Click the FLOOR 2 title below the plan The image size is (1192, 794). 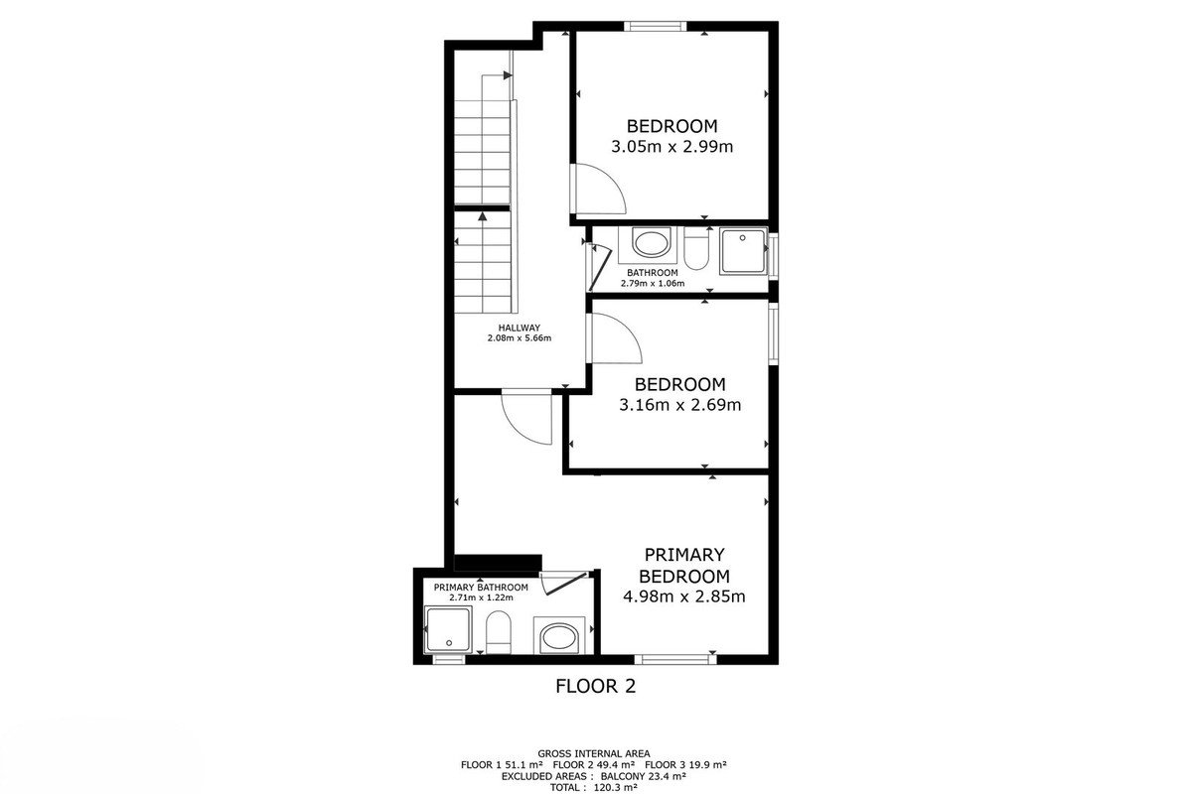(x=595, y=686)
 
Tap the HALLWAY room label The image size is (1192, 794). (x=519, y=328)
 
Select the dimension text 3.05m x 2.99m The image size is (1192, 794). (x=671, y=146)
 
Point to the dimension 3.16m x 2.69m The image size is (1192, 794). (x=679, y=405)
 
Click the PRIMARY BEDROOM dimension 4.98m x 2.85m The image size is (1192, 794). (x=683, y=596)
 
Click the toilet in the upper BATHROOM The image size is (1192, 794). (x=696, y=249)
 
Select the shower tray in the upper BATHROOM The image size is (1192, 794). (x=743, y=251)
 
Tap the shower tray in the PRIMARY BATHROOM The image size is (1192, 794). (x=448, y=630)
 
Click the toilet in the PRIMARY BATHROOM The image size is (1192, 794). (x=499, y=632)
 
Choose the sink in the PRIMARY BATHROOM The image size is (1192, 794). (x=558, y=636)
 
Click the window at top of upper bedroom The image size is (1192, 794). (x=655, y=26)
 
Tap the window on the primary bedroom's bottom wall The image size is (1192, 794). (x=674, y=659)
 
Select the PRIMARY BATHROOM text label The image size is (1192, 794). (x=481, y=588)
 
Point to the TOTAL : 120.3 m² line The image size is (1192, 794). (x=594, y=788)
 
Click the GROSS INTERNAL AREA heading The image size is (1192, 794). (x=594, y=753)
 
